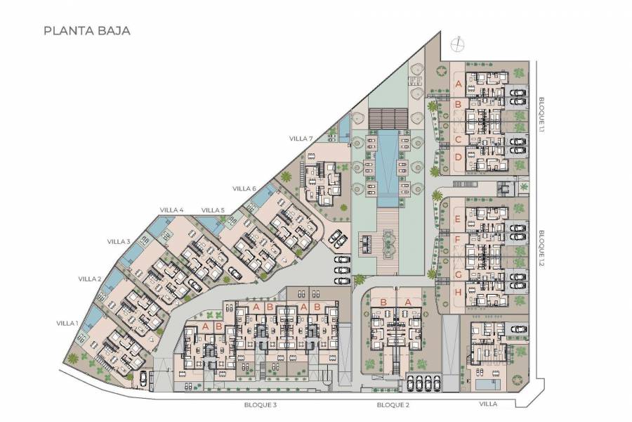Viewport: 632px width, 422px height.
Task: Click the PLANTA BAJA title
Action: click(x=87, y=31)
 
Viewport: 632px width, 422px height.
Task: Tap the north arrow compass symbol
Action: click(x=458, y=44)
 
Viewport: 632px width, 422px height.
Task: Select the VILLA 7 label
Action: click(x=301, y=139)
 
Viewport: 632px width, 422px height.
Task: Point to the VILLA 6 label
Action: click(x=244, y=188)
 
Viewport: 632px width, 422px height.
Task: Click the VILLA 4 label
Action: click(x=171, y=210)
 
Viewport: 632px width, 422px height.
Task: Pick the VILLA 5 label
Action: click(x=213, y=210)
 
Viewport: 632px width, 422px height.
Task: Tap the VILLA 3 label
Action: click(x=119, y=241)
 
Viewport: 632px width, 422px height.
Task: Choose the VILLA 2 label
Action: click(x=90, y=279)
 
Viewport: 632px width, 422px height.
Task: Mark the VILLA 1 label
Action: click(x=67, y=323)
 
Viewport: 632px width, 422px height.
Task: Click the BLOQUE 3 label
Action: click(x=261, y=405)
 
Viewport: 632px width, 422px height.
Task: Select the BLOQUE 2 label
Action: click(x=393, y=405)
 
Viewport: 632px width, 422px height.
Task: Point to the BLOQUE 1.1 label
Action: click(x=541, y=115)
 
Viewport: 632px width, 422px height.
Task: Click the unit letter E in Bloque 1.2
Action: click(x=458, y=219)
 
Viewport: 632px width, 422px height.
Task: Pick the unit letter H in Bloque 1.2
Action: click(x=458, y=292)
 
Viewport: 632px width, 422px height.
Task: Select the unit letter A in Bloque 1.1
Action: click(x=459, y=86)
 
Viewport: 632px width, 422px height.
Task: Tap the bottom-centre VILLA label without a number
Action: click(x=488, y=405)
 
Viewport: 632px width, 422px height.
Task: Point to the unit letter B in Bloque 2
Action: click(x=383, y=302)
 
